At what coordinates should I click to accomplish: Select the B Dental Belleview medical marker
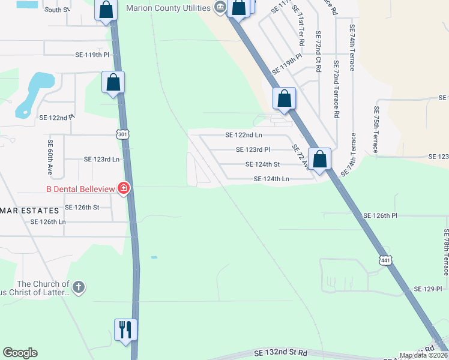coord(124,189)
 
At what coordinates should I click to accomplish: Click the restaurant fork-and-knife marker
coord(125,329)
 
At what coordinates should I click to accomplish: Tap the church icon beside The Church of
coord(79,287)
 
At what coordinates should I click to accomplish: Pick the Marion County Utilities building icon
coord(220,8)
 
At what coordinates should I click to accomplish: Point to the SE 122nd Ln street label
coord(244,136)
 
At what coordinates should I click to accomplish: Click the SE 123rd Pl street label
coord(253,149)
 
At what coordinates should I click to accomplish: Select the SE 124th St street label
coord(262,164)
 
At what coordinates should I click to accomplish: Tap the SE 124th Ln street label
coord(271,179)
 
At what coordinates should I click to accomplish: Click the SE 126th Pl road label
coord(381,215)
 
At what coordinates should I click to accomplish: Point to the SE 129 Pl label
coord(429,289)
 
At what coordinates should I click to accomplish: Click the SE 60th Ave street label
coord(50,154)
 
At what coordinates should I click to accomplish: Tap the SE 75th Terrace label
coord(376,130)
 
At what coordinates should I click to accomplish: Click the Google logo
coord(20,353)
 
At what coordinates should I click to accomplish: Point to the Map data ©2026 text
coord(423,355)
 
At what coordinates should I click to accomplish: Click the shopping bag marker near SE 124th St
coord(319,159)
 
